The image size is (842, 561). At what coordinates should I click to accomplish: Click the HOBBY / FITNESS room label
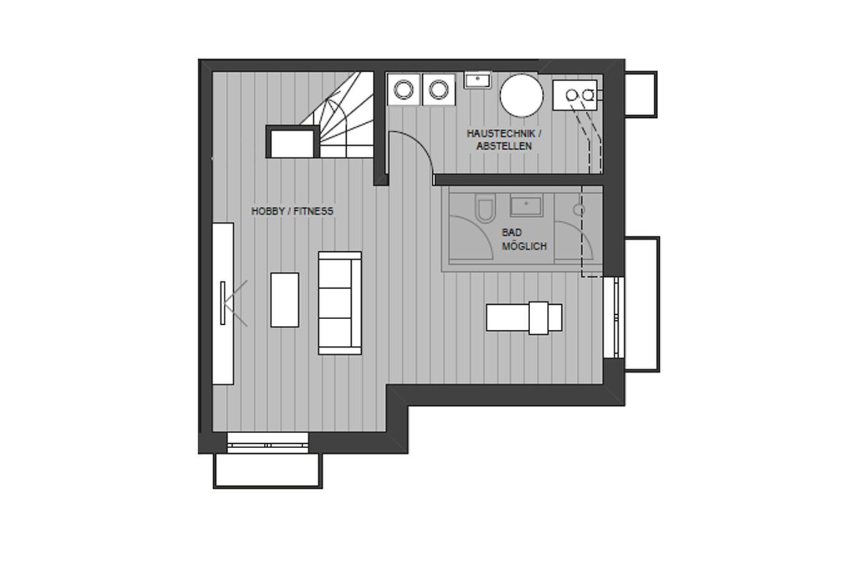pyautogui.click(x=292, y=211)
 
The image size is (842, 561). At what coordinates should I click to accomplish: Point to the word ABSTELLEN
pyautogui.click(x=504, y=146)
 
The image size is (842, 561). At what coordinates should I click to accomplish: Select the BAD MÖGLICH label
pyautogui.click(x=524, y=240)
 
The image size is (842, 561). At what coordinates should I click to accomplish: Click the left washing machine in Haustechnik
pyautogui.click(x=404, y=90)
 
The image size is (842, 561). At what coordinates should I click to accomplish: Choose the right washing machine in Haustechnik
pyautogui.click(x=438, y=90)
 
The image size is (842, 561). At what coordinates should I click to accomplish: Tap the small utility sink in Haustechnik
pyautogui.click(x=477, y=80)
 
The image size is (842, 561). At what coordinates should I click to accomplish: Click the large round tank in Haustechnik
pyautogui.click(x=521, y=95)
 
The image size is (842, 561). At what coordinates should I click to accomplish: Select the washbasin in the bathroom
pyautogui.click(x=526, y=206)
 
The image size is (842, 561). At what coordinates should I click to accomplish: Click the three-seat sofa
pyautogui.click(x=340, y=303)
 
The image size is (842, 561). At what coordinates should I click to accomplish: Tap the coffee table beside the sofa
pyautogui.click(x=285, y=300)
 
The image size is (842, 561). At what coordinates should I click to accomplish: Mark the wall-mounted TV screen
pyautogui.click(x=223, y=303)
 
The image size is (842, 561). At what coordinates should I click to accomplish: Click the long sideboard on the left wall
pyautogui.click(x=223, y=304)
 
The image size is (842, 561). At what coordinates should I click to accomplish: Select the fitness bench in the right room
pyautogui.click(x=525, y=318)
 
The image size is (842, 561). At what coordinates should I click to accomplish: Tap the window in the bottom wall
pyautogui.click(x=268, y=443)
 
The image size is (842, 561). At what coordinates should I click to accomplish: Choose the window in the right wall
pyautogui.click(x=614, y=317)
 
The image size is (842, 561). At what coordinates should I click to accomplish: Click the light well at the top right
pyautogui.click(x=641, y=94)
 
